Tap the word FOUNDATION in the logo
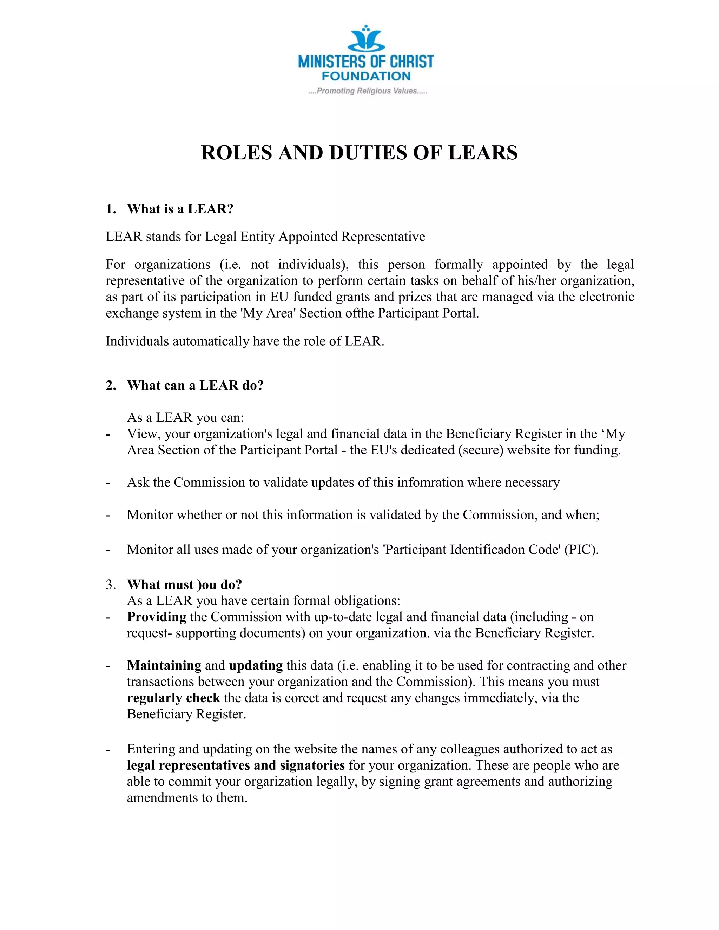coord(366,77)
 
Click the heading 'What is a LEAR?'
coord(180,209)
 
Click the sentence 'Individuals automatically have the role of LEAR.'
coord(245,341)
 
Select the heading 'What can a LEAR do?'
coord(195,385)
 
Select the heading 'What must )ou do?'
coord(184,585)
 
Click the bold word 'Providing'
coord(156,617)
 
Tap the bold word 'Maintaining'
coord(164,665)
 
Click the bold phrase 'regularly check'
coord(173,698)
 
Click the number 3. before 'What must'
coord(111,585)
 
